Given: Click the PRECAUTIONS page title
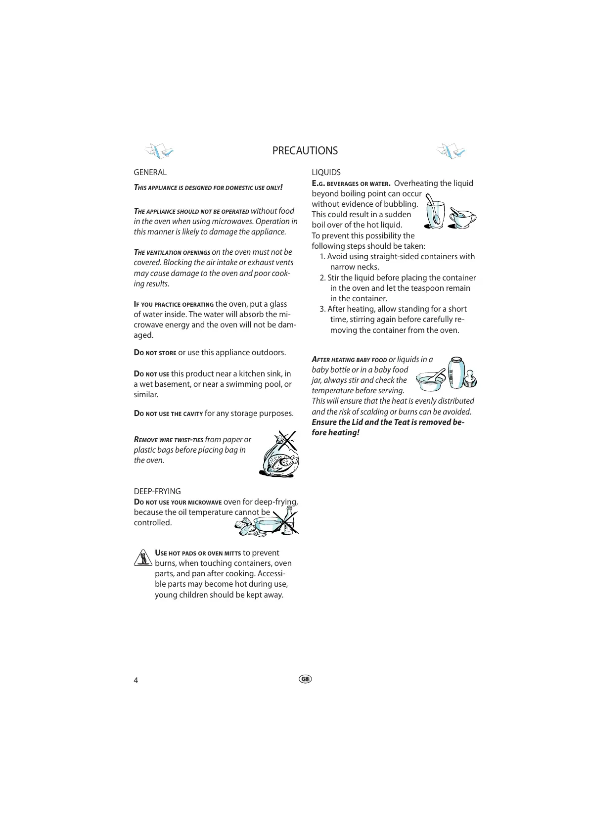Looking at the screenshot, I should tap(305, 151).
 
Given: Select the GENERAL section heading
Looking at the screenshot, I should tap(150, 172).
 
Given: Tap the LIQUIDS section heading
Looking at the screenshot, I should tap(326, 172).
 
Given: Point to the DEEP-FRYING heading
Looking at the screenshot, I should tap(157, 491).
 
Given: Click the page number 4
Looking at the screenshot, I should tap(136, 680).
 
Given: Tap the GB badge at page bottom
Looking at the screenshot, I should tap(305, 679).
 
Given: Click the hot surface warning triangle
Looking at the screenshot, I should tap(142, 557).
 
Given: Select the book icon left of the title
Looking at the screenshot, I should tap(159, 151).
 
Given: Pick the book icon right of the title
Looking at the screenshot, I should tap(451, 151).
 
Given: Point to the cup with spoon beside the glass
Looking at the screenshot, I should tap(462, 218).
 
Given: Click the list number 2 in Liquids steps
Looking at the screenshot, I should tap(322, 278).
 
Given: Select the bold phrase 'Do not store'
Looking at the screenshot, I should tap(155, 353).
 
